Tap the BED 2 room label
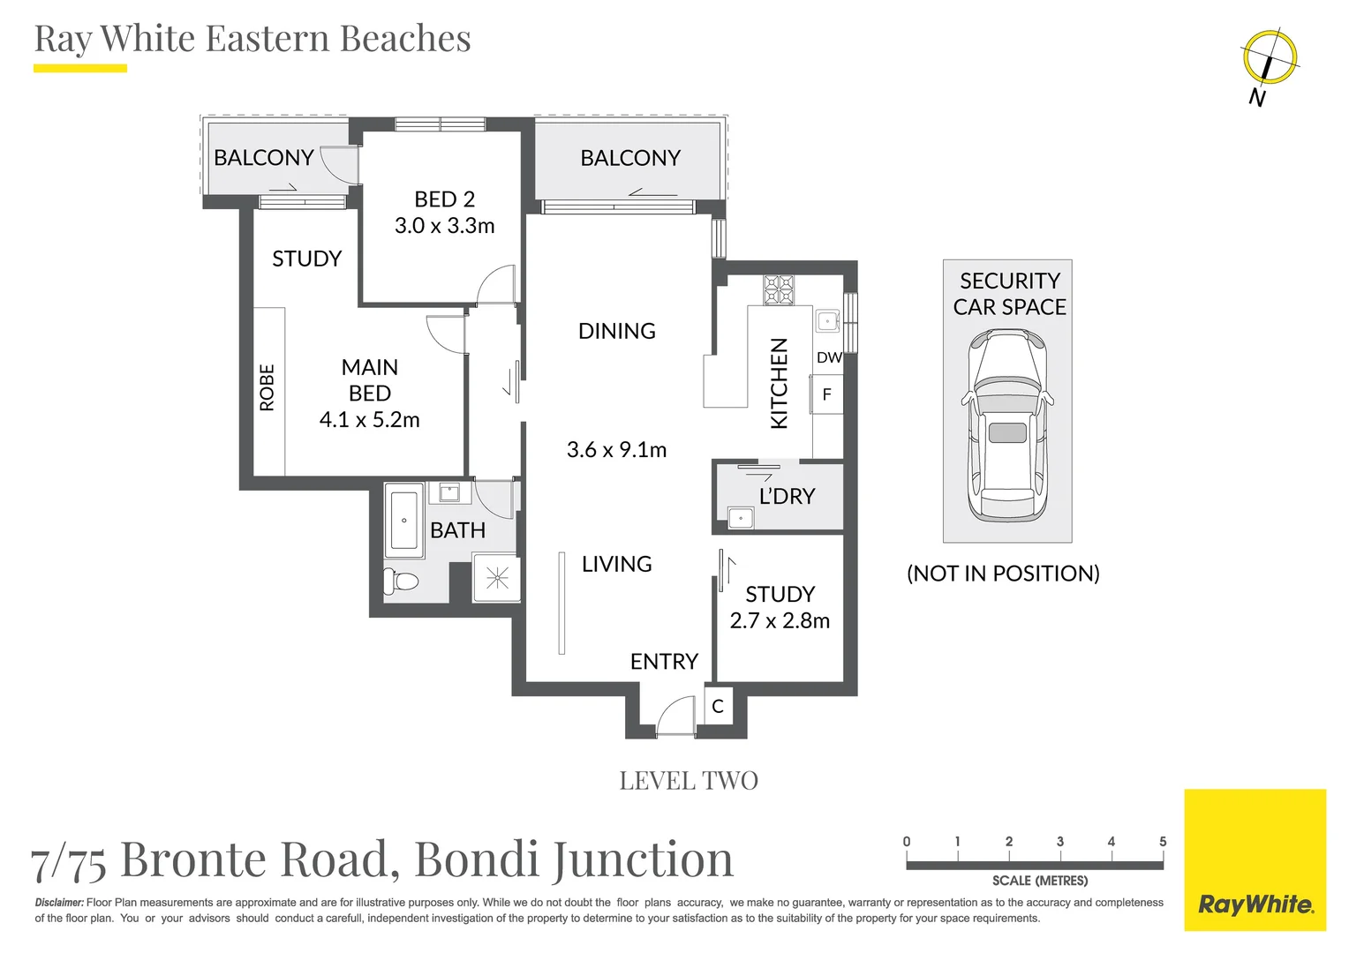444,199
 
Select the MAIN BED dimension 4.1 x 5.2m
369,420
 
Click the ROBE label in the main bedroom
267,387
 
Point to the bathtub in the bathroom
404,521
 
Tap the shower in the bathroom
497,577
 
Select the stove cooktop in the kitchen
779,289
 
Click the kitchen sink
826,320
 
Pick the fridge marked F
826,394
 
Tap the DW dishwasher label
828,357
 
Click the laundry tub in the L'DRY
740,517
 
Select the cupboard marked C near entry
718,706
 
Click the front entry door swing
676,716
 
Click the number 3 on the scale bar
1059,842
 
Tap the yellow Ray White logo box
1255,859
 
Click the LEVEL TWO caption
689,781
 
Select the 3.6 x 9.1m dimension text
616,450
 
